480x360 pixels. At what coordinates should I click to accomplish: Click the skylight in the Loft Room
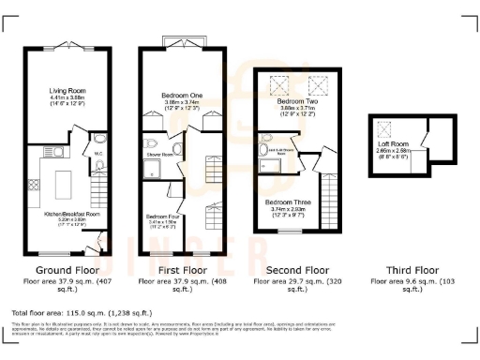click(384, 129)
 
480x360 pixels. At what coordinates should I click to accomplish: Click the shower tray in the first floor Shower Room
click(153, 170)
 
